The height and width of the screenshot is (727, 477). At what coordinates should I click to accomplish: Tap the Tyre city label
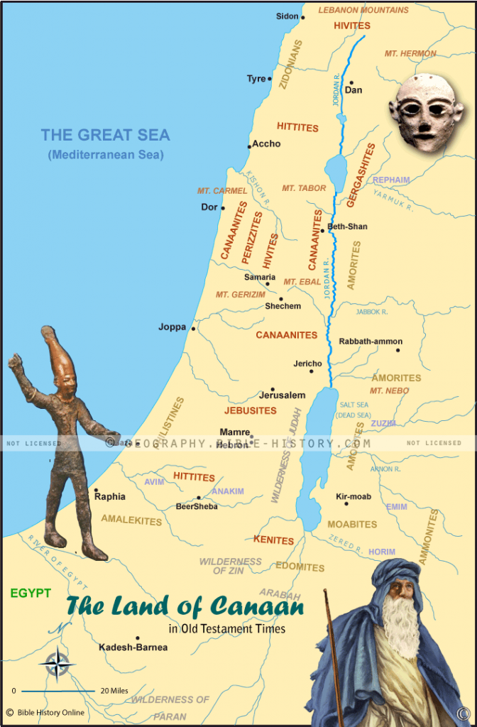point(256,79)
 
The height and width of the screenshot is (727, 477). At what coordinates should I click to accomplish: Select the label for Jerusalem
point(282,395)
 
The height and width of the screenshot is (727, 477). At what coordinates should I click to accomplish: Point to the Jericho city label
point(307,363)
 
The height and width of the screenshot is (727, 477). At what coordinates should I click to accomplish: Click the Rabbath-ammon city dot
point(398,350)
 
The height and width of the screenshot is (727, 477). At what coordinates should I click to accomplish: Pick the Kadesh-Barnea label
point(133,647)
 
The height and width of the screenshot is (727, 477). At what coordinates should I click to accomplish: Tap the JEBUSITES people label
point(251,410)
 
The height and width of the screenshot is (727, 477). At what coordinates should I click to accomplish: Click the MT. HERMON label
point(410,53)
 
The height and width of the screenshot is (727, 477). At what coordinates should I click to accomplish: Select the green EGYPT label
point(31,593)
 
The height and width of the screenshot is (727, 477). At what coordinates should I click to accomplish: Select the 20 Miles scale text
point(115,690)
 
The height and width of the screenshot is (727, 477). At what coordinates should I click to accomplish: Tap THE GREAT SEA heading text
point(105,135)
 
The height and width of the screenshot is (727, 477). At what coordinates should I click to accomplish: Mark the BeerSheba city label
point(197,507)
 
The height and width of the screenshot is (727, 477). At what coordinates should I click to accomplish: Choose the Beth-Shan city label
point(348,226)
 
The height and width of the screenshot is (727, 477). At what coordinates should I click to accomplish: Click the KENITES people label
point(273,540)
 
